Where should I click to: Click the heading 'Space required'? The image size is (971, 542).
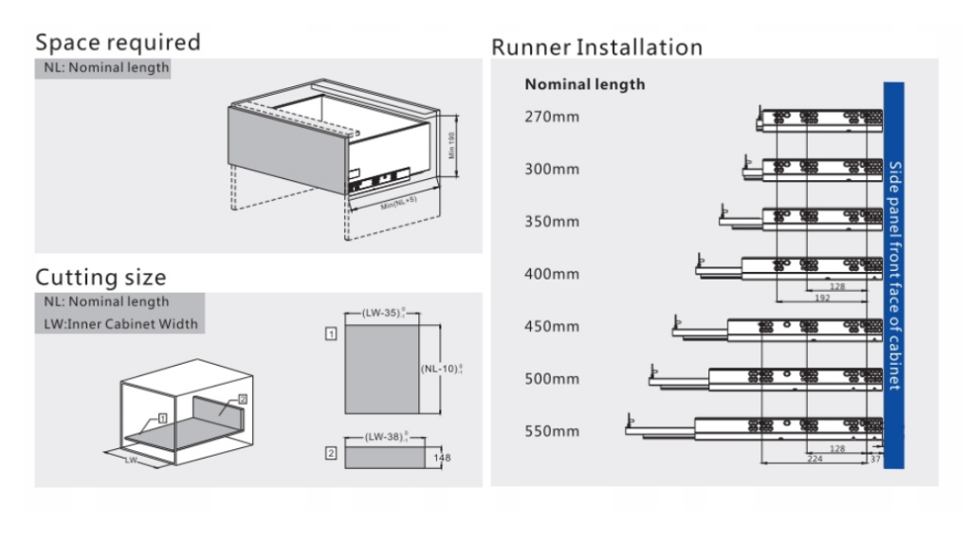[118, 43]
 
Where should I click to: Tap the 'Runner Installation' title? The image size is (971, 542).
[596, 47]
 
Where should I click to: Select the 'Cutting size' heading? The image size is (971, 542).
[101, 278]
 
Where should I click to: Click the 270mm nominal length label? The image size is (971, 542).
[551, 117]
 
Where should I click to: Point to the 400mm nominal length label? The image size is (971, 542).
[551, 274]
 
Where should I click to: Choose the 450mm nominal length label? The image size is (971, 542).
[551, 327]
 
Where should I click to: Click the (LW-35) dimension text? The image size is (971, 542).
[384, 311]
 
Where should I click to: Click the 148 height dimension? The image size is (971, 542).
[442, 459]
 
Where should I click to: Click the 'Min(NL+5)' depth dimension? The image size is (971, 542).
[399, 203]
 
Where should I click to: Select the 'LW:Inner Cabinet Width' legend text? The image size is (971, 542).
[119, 324]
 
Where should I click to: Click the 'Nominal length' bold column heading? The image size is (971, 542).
[584, 84]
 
